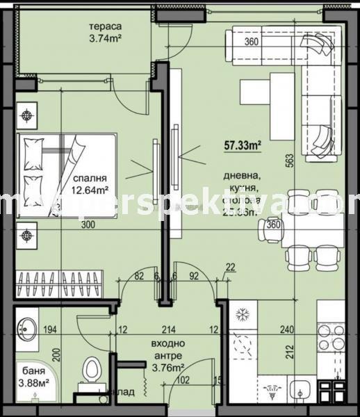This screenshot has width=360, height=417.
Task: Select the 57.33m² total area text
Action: (242, 145)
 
